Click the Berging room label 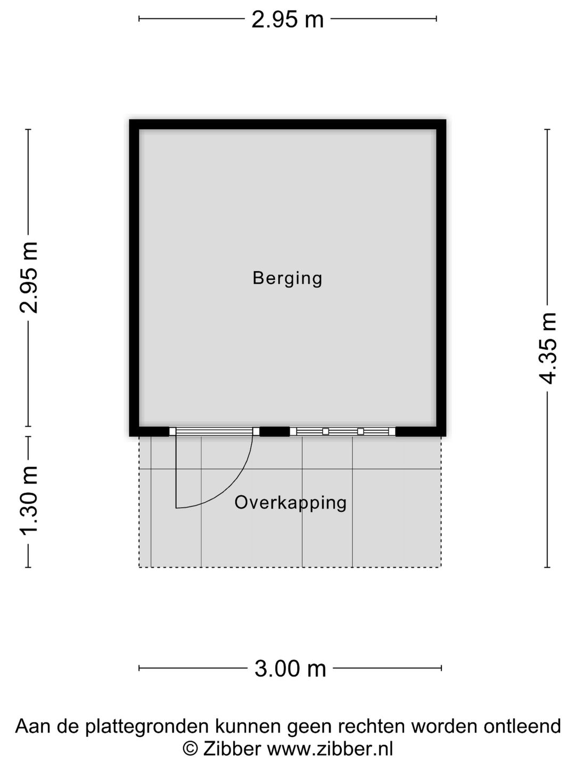(287, 278)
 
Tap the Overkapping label (290, 503)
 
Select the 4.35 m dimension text (548, 348)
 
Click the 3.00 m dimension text (290, 669)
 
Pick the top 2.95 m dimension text (287, 20)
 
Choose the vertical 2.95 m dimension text (29, 277)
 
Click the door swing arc (234, 484)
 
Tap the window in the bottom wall (342, 431)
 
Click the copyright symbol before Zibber (190, 749)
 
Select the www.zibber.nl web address (330, 749)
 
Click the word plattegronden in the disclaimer (151, 727)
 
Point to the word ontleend (522, 727)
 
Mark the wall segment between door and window (274, 431)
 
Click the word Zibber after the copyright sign (232, 749)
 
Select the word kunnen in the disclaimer (248, 727)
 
